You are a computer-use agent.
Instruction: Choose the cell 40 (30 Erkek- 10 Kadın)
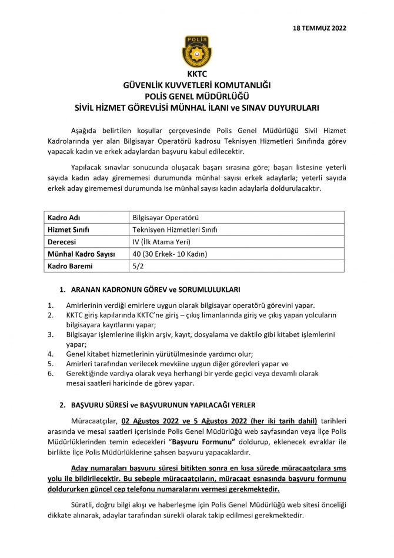point(171,254)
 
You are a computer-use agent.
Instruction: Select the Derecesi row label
point(65,242)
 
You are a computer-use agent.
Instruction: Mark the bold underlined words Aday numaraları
point(100,468)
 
